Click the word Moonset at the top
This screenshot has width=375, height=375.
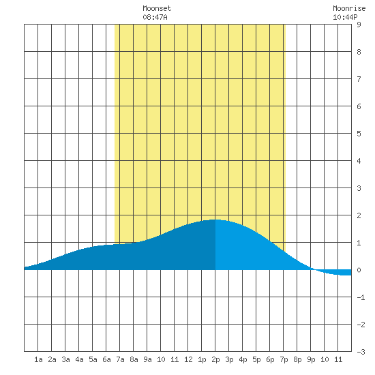point(157,8)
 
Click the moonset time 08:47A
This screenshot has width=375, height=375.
point(155,17)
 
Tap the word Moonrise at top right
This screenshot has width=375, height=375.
point(349,8)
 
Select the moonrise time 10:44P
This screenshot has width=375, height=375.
point(345,17)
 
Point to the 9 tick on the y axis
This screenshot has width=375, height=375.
point(359,25)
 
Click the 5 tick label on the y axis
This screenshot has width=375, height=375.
point(359,134)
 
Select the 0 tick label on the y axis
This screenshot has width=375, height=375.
point(359,270)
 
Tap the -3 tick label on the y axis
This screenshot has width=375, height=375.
point(361,352)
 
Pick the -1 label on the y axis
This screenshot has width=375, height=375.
point(361,297)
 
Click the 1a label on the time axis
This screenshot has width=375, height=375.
point(38,359)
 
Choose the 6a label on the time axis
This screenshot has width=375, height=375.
point(106,359)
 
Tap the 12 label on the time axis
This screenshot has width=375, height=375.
point(188,359)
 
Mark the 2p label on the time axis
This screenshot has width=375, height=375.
point(215,359)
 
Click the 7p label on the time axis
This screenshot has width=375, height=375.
point(284,359)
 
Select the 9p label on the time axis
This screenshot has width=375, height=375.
point(311,359)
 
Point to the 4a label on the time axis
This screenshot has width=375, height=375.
point(79,359)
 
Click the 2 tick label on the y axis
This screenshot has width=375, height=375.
point(359,215)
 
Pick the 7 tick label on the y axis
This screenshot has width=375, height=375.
point(359,79)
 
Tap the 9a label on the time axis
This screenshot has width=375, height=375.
point(147,359)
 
